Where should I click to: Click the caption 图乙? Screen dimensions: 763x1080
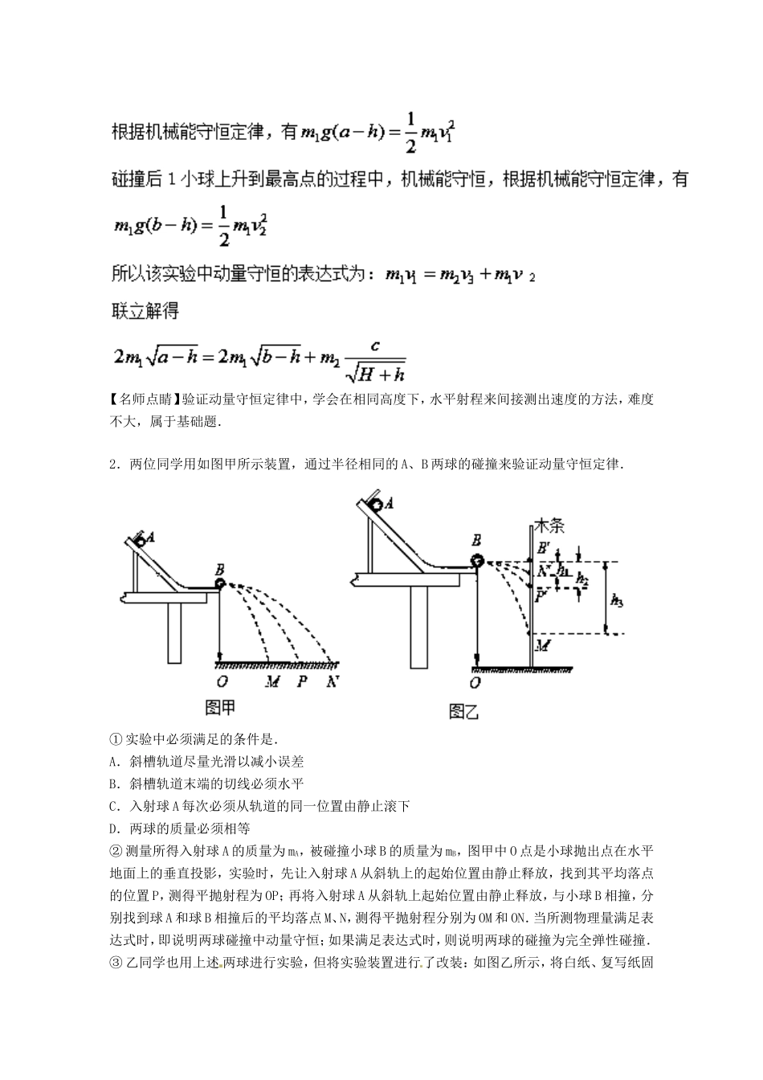coord(464,711)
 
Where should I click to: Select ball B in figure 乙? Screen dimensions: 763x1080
coord(477,561)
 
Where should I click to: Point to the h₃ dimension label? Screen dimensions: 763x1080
coord(616,599)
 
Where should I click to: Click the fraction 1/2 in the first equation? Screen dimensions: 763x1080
coord(410,132)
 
